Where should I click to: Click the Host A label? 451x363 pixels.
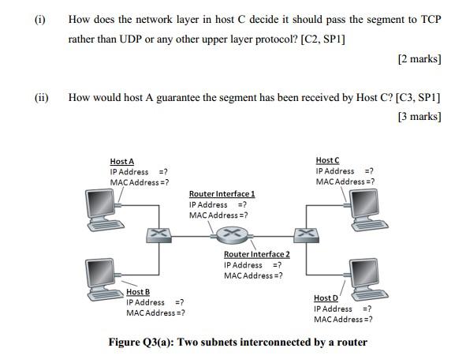(x=122, y=162)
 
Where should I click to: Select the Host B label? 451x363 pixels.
(x=138, y=292)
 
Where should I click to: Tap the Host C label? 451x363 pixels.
(x=327, y=161)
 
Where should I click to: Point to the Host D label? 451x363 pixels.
(x=326, y=298)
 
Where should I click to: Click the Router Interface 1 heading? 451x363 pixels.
(x=222, y=194)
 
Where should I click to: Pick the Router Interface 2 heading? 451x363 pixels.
(x=256, y=254)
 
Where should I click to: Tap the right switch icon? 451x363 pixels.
(x=302, y=234)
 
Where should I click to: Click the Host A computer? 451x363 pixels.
(x=103, y=209)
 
